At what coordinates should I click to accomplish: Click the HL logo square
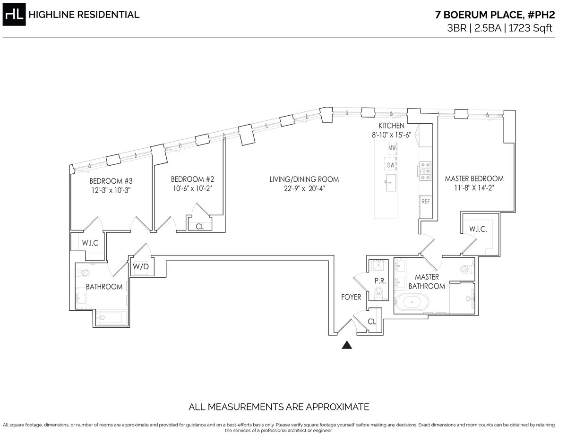coord(14,15)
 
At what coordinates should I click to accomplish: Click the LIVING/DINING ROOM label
coord(304,179)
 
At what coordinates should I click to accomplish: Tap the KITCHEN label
coord(391,126)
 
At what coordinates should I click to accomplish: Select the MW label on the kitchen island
coord(392,148)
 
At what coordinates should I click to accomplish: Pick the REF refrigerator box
coord(425,201)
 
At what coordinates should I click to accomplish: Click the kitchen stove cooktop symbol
coord(424,171)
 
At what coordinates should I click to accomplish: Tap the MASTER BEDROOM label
coord(474,179)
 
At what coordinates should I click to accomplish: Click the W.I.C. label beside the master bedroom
coord(478,230)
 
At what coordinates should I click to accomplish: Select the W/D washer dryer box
coord(140,266)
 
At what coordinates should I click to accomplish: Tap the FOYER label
coord(351,297)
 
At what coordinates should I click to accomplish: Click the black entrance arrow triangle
coord(347,345)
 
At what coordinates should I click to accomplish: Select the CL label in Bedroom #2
coord(200,226)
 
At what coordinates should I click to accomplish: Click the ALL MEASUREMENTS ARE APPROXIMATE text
coord(279,407)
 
